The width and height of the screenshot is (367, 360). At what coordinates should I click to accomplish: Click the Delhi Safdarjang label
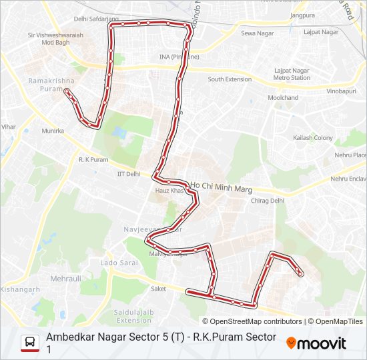91,19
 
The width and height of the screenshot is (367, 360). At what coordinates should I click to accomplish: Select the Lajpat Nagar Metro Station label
292,74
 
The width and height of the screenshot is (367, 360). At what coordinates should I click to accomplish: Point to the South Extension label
230,79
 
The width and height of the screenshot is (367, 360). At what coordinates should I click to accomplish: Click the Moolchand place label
283,98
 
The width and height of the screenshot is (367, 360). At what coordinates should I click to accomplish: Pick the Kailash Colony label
312,138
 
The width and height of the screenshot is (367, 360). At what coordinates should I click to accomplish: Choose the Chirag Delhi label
268,200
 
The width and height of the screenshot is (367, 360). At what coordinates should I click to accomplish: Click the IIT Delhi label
129,174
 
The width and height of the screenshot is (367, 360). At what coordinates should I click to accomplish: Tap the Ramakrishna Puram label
45,84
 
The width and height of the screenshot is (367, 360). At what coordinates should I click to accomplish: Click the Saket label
158,289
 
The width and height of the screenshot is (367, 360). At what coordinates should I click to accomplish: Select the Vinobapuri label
341,91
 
